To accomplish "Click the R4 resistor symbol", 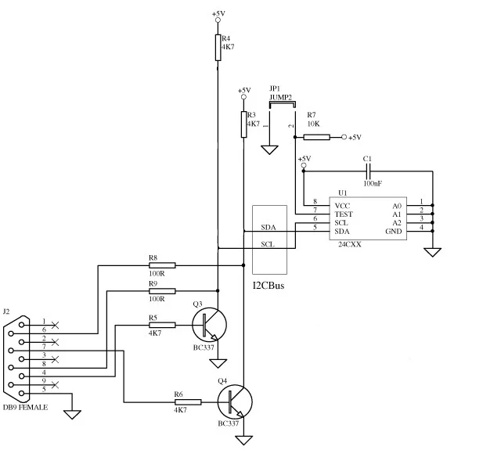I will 218,46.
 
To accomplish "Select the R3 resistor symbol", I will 244,123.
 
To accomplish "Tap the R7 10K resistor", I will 317,138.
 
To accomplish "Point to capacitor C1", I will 368,173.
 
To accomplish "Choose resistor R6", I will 187,401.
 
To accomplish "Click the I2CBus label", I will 269,287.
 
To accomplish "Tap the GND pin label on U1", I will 394,231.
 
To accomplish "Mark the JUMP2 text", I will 280,97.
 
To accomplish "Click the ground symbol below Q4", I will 244,438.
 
